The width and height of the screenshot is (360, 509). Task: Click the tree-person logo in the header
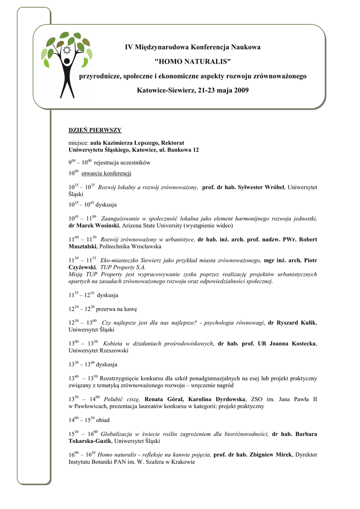tap(67, 64)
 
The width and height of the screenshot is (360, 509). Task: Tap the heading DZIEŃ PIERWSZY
tap(95, 130)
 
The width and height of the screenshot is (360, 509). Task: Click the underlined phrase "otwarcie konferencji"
tap(106, 174)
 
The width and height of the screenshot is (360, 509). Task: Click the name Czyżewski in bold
tap(82, 267)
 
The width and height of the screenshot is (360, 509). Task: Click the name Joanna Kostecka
tap(294, 343)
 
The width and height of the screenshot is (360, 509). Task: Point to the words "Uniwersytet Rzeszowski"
tap(98, 350)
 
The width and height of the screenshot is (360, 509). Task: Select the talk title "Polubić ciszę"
tap(122, 399)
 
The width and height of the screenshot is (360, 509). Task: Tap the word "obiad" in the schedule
tap(103, 420)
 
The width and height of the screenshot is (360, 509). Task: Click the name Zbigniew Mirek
tap(270, 454)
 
